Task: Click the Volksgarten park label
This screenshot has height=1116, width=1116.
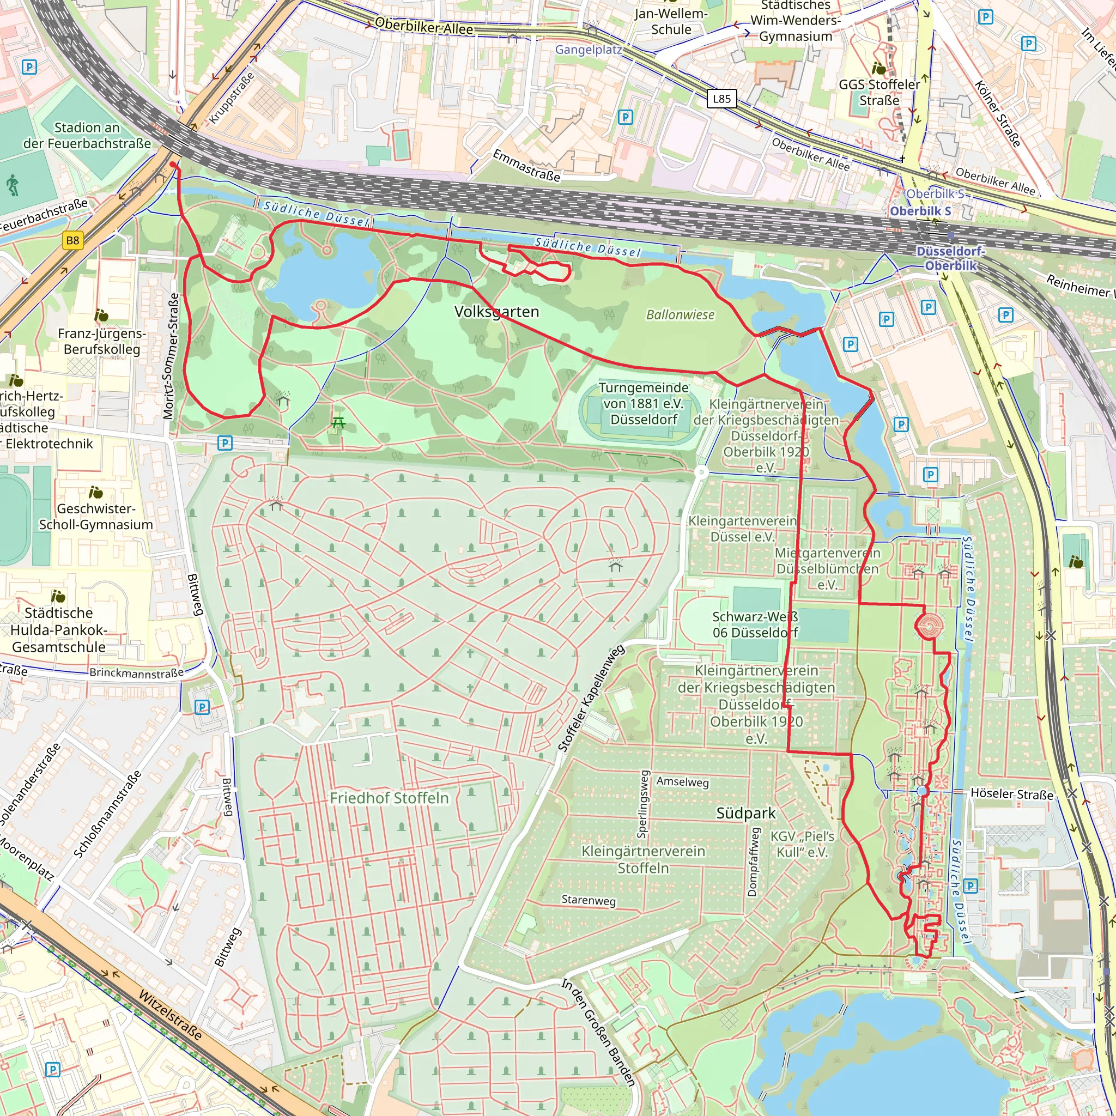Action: [496, 312]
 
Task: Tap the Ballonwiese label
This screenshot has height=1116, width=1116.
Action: [680, 315]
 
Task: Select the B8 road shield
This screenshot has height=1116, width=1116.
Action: [73, 240]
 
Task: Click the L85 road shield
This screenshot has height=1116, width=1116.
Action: [721, 99]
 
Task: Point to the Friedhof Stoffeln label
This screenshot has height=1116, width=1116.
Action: [389, 798]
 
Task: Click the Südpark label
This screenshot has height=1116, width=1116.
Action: [746, 814]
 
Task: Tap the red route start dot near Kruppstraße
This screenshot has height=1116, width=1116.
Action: [173, 165]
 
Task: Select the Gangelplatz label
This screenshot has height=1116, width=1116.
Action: [588, 50]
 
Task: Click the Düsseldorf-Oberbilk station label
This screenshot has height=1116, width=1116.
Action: [950, 258]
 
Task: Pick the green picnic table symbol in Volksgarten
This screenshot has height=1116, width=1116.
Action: [338, 423]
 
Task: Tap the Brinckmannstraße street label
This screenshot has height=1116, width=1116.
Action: [136, 673]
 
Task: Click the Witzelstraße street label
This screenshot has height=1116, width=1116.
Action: [171, 1015]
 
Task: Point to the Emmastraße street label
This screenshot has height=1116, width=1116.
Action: [526, 165]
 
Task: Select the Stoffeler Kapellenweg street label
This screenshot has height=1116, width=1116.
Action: [591, 699]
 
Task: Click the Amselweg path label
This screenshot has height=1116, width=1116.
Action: [682, 781]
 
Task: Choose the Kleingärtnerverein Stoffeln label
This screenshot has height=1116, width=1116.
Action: [643, 859]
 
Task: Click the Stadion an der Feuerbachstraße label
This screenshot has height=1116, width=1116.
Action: [87, 135]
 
